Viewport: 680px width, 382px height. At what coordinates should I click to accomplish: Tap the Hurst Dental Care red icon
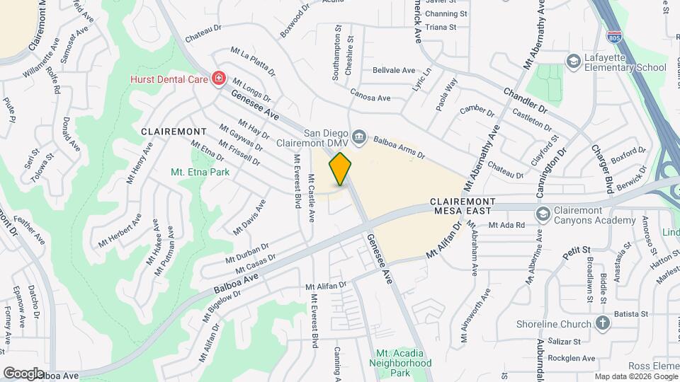pos(219,78)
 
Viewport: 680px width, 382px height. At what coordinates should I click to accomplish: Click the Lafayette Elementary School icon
pos(572,62)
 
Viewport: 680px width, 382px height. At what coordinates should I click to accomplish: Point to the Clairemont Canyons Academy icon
pos(543,214)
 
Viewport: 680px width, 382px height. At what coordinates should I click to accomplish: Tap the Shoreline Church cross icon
pos(602,324)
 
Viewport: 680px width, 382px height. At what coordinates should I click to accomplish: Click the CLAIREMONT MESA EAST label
pos(472,206)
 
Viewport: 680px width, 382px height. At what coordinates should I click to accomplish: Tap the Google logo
pos(23,373)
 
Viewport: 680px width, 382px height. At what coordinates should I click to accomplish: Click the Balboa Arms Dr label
pos(399,147)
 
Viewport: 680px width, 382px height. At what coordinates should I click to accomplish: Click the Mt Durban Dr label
pos(247,254)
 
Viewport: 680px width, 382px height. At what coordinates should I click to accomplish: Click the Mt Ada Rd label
pos(506,225)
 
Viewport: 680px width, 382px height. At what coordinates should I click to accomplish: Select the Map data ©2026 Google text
pos(635,376)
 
